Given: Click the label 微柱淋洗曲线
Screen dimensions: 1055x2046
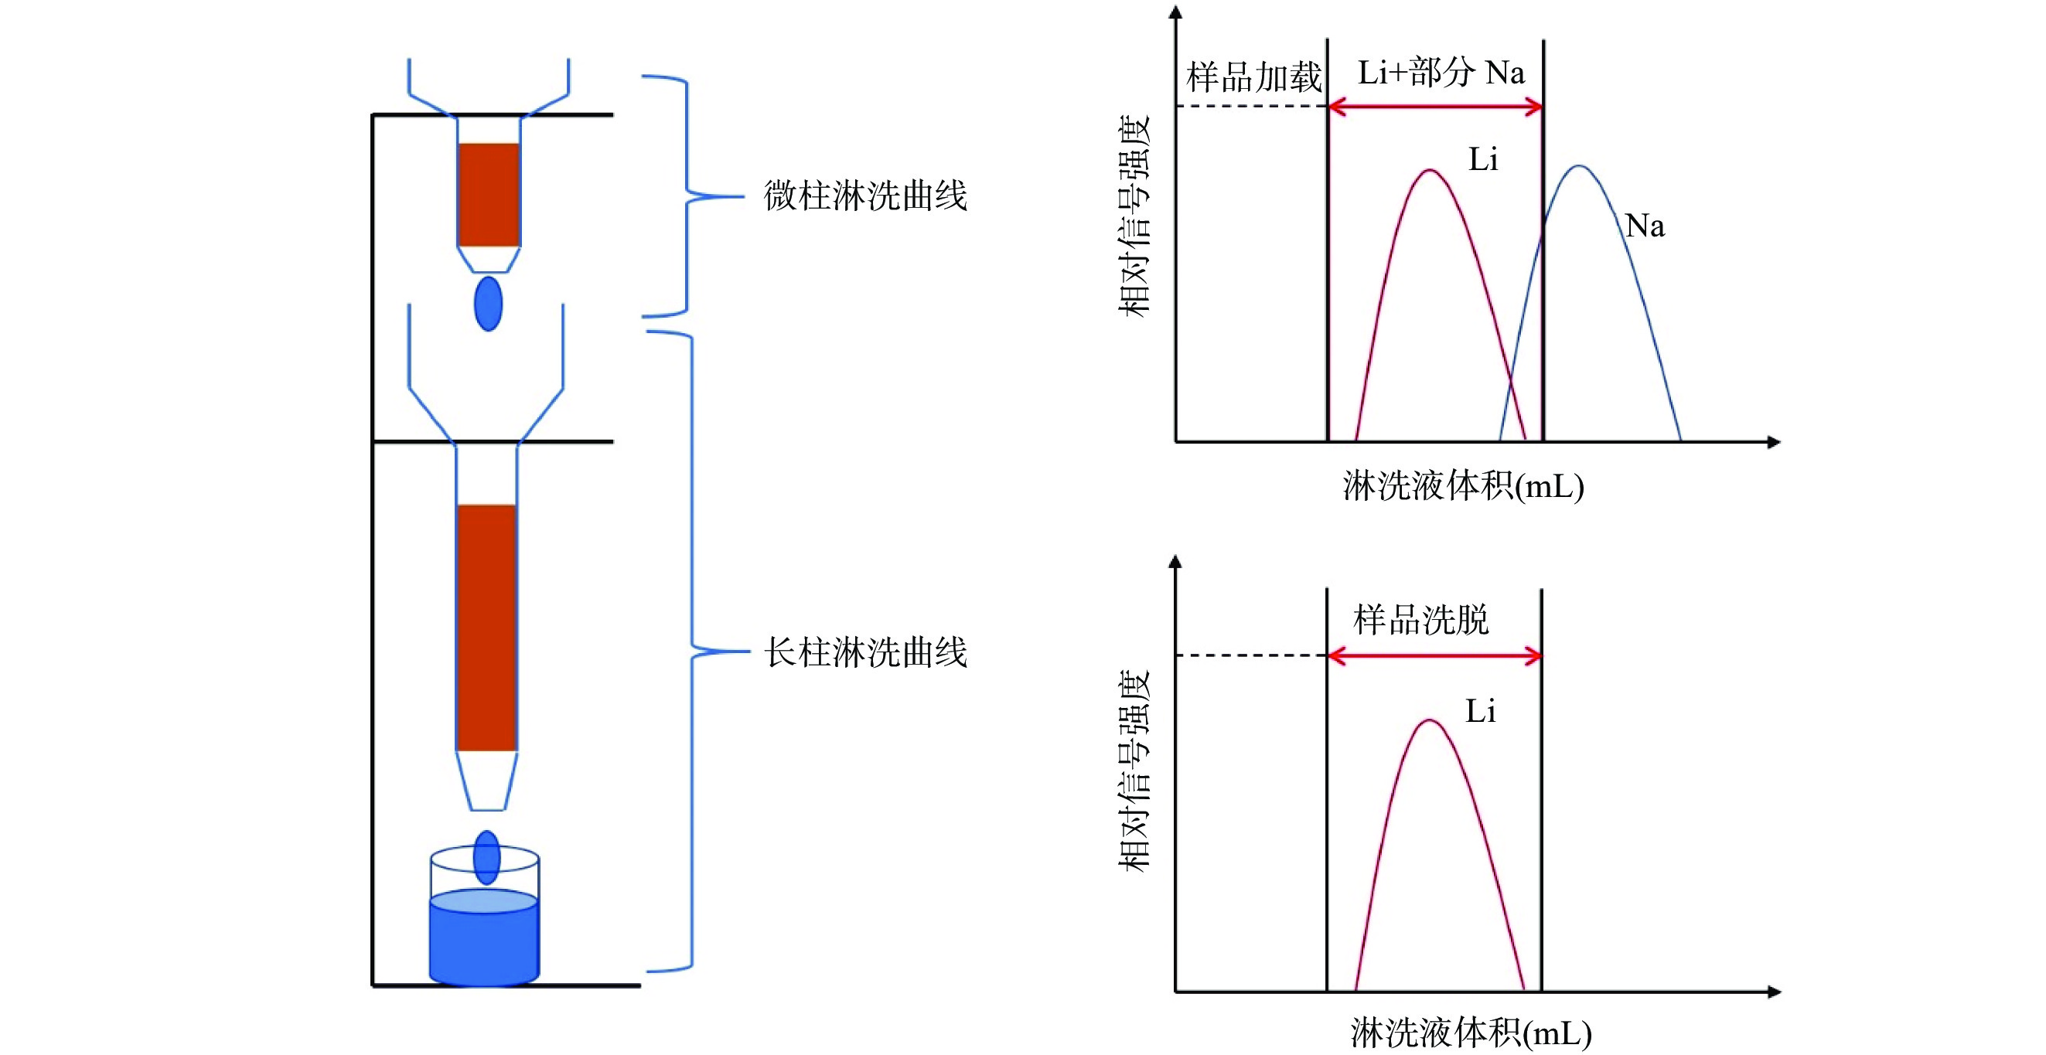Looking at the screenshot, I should (865, 196).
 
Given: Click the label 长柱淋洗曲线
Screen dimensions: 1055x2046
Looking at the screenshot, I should (865, 652).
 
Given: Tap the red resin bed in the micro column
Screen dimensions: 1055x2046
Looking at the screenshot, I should (489, 195).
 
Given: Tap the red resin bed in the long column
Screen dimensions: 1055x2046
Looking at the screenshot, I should (486, 627).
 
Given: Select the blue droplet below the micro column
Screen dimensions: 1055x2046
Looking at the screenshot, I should (488, 303).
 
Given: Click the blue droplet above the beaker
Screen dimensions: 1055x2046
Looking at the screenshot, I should (486, 857).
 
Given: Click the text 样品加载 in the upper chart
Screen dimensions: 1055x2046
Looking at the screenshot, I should (1253, 78).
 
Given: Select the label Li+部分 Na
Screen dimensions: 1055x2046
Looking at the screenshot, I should (1441, 73).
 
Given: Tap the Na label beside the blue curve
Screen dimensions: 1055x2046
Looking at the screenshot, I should (1644, 226).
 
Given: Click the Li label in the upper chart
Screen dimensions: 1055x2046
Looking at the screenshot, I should (1483, 159).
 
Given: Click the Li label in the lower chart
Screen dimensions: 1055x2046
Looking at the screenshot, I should (1481, 711).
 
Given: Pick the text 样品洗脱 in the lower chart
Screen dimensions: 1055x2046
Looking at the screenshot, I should (1421, 620).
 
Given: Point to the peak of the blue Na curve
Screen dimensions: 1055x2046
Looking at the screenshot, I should (1580, 167).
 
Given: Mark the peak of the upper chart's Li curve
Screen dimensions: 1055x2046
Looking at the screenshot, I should (1430, 171).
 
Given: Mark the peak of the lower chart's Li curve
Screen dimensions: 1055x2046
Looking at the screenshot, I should (1430, 721).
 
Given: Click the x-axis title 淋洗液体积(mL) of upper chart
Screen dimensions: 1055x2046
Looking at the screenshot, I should (1463, 486).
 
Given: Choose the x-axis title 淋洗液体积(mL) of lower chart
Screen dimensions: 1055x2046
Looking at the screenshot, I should (1471, 1033).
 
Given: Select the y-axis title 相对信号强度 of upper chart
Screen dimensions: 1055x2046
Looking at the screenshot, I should (1134, 216).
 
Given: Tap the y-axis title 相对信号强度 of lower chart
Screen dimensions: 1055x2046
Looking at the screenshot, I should (1134, 770).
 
